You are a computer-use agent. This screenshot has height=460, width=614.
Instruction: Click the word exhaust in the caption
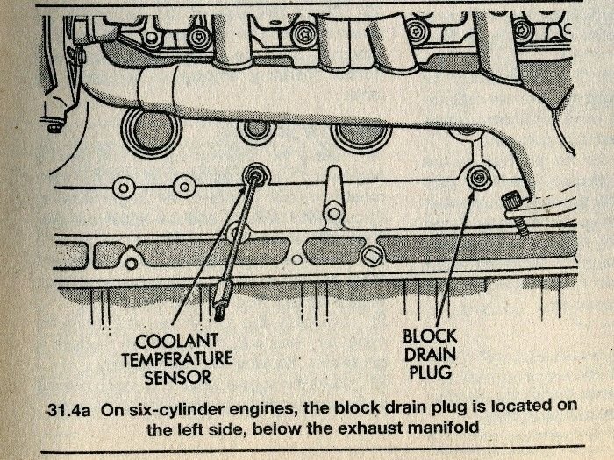click(387, 430)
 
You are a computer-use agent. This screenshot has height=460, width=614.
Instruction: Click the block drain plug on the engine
click(479, 177)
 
